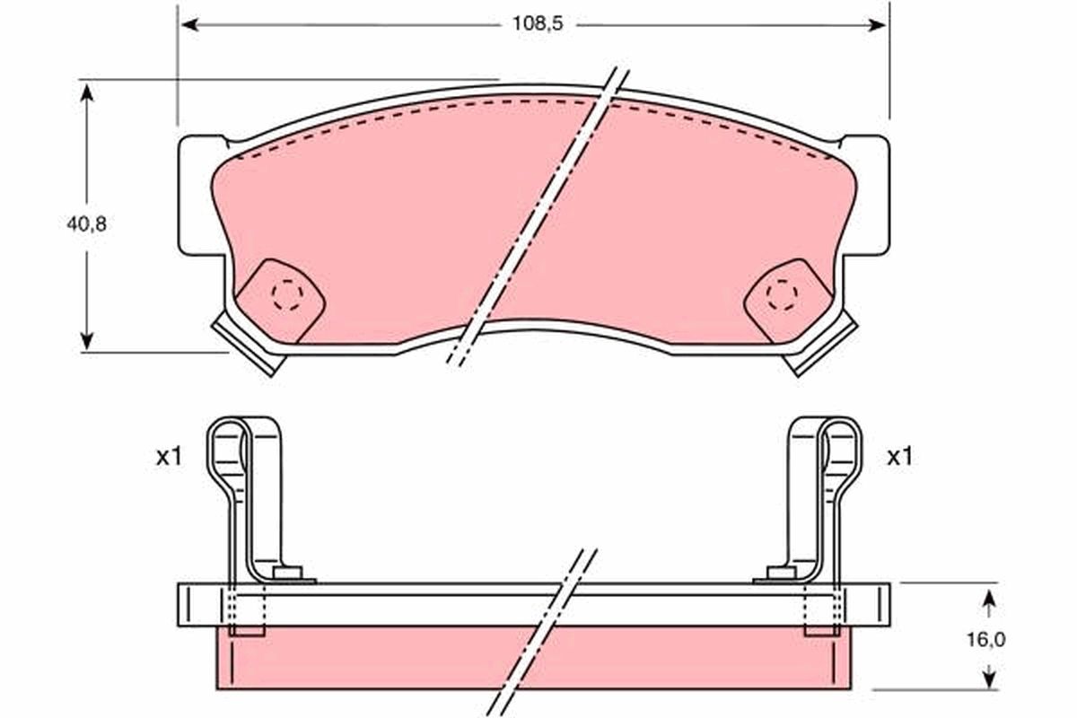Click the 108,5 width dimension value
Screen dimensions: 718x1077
click(x=537, y=25)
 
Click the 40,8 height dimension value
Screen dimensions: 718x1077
click(x=86, y=224)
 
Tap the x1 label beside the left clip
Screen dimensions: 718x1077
click(x=169, y=457)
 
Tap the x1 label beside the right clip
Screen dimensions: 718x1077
click(x=899, y=457)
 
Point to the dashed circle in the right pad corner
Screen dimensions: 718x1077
click(x=782, y=294)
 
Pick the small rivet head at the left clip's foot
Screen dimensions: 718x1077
click(x=287, y=573)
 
